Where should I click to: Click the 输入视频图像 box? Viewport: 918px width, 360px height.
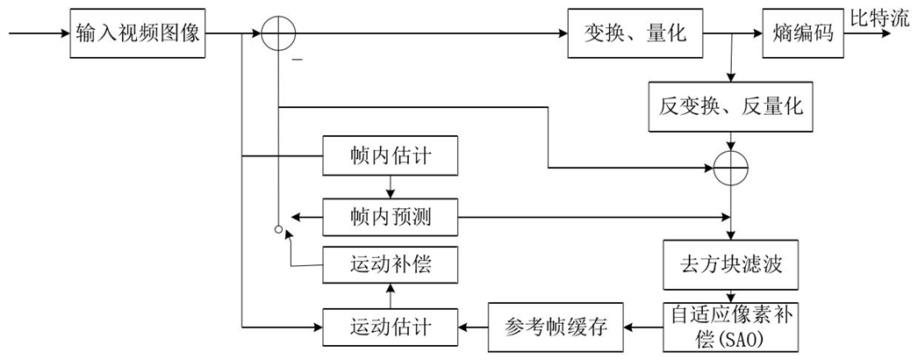pyautogui.click(x=139, y=34)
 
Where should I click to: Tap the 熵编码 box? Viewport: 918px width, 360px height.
pyautogui.click(x=802, y=34)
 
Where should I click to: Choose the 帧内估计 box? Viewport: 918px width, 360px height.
pyautogui.click(x=390, y=158)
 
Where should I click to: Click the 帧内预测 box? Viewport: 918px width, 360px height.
pyautogui.click(x=390, y=216)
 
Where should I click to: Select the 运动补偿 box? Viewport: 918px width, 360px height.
pyautogui.click(x=390, y=264)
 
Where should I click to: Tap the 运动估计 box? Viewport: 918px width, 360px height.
pyautogui.click(x=390, y=326)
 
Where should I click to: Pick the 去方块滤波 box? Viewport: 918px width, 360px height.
pyautogui.click(x=730, y=264)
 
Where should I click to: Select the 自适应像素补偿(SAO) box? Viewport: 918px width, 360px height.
pyautogui.click(x=730, y=326)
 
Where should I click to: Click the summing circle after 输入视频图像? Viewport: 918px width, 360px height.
pyautogui.click(x=278, y=34)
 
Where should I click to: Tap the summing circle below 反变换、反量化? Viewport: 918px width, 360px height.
pyautogui.click(x=730, y=164)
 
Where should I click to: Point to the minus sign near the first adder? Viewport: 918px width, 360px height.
pyautogui.click(x=298, y=59)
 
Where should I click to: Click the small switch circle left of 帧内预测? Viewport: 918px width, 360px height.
pyautogui.click(x=277, y=231)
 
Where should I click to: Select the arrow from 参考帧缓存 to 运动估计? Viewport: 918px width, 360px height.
pyautogui.click(x=473, y=326)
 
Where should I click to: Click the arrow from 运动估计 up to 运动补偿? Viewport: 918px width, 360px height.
pyautogui.click(x=390, y=296)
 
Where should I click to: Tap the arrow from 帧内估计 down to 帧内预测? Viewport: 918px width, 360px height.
pyautogui.click(x=390, y=187)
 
